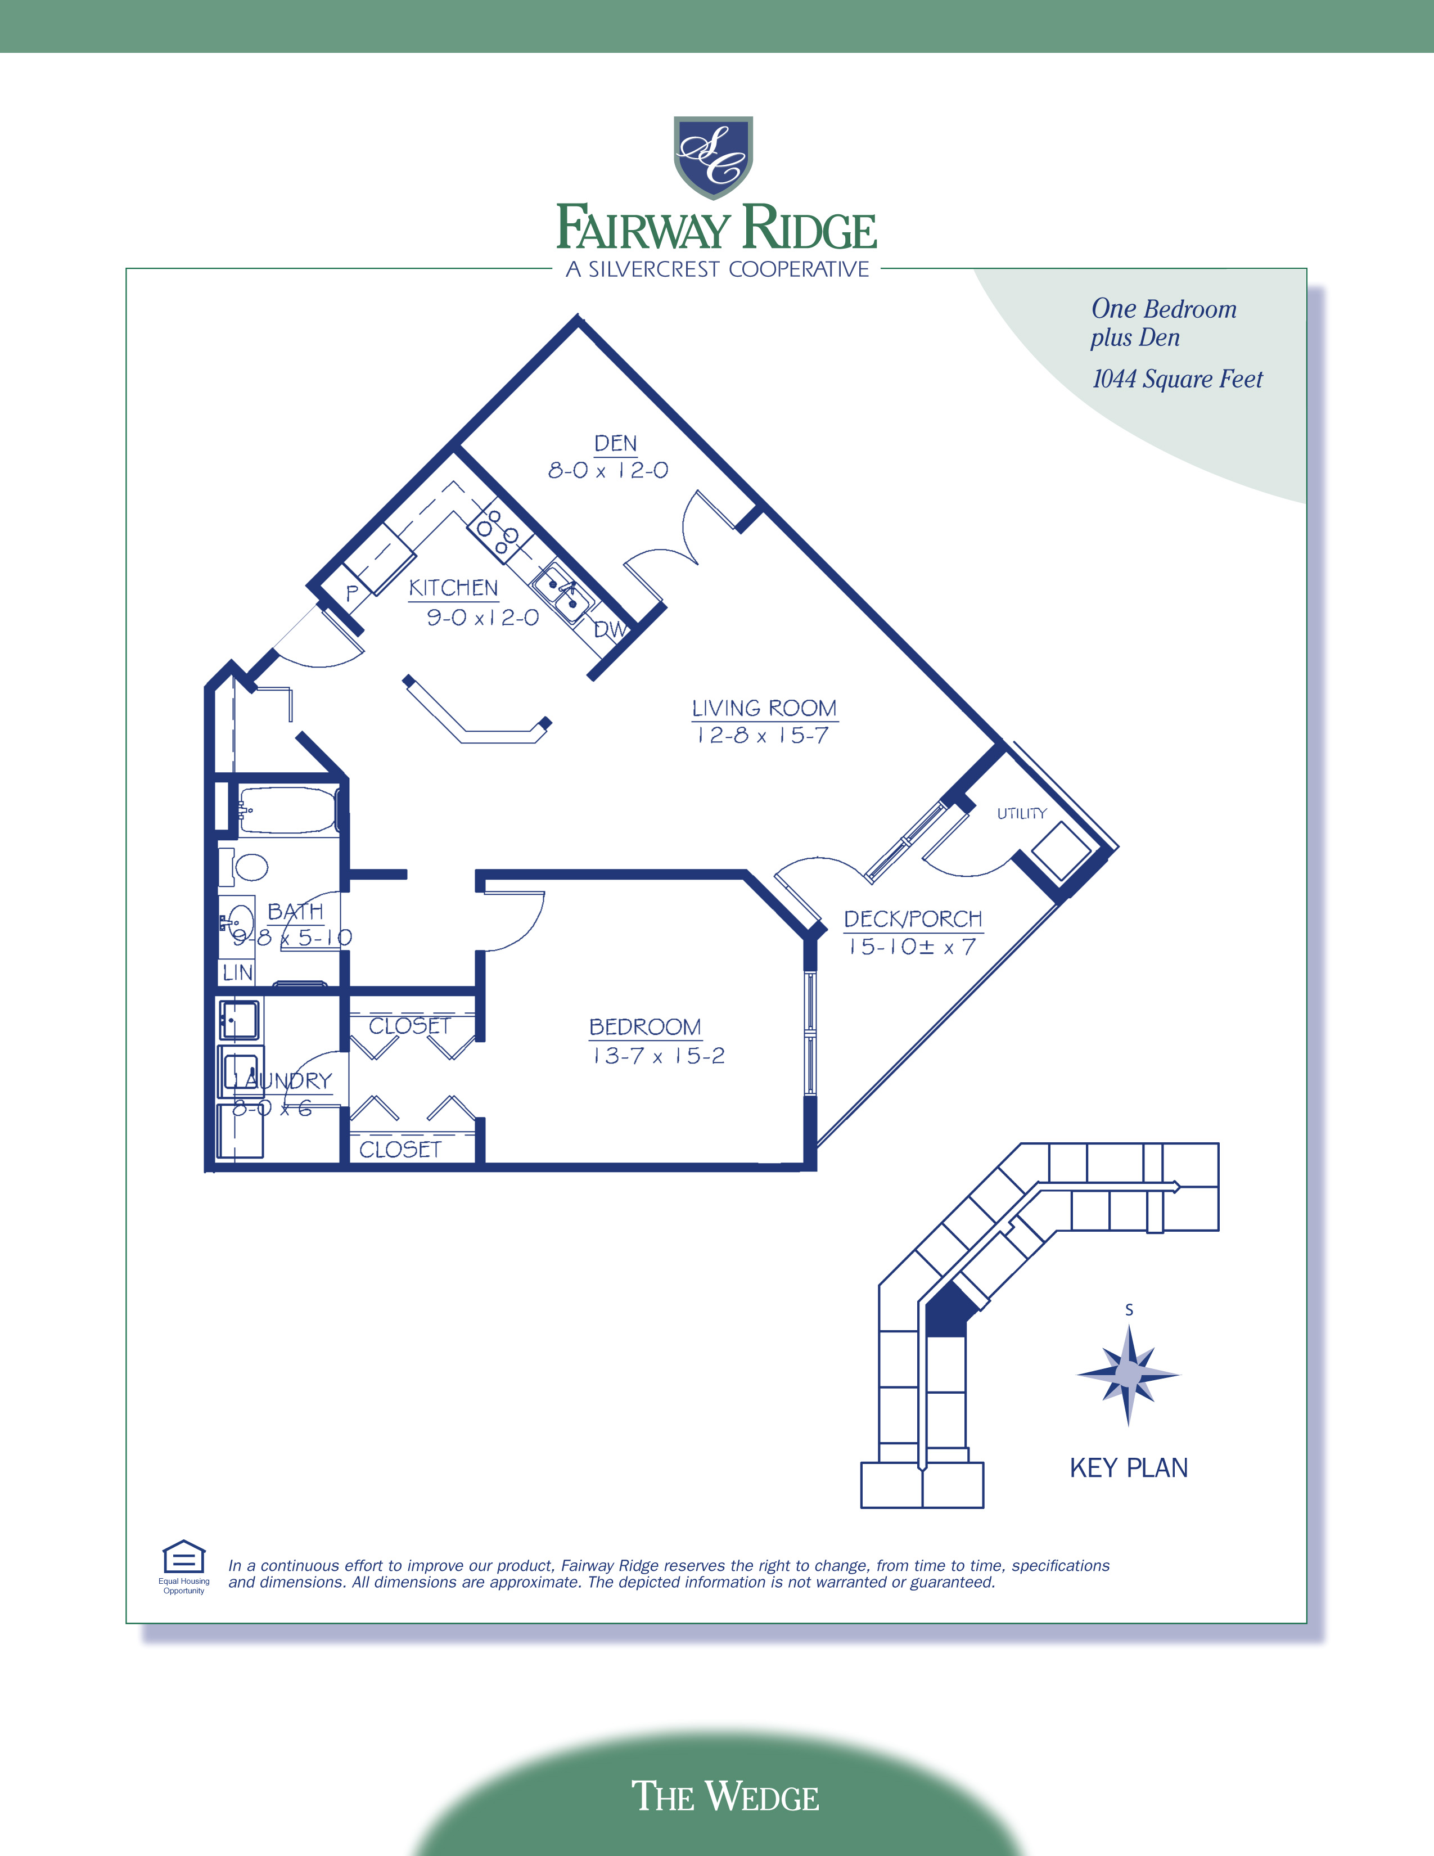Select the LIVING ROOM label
click(764, 709)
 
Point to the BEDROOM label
click(645, 1026)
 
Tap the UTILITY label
click(1021, 813)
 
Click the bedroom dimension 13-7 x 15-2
click(659, 1056)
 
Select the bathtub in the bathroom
click(289, 810)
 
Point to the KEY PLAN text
click(1128, 1467)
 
